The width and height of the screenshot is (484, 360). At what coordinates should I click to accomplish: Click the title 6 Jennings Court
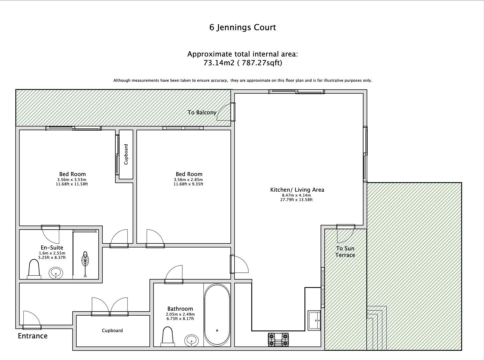coord(242,27)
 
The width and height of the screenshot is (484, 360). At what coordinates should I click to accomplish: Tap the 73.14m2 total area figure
coord(219,63)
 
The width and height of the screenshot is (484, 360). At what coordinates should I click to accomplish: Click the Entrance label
coord(33,336)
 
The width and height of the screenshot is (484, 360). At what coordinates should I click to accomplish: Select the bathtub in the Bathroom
coord(217,315)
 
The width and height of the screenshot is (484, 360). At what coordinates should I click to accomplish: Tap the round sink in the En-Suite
coord(56,273)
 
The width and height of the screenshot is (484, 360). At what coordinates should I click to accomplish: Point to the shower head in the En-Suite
coord(85,259)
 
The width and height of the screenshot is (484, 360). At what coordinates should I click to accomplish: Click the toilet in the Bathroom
coord(168,337)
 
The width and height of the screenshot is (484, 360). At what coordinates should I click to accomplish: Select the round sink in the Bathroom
coord(191,340)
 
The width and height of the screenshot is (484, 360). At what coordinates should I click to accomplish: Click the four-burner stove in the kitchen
coord(278,339)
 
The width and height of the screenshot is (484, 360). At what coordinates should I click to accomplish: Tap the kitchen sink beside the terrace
coord(314,320)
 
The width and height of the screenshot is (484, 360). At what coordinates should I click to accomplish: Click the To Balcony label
coord(202,112)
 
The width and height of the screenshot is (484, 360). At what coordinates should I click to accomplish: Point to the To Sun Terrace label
coord(345,252)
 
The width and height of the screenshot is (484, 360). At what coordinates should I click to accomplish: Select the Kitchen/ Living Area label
coord(297,190)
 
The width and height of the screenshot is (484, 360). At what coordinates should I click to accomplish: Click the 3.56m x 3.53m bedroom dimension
coord(72,180)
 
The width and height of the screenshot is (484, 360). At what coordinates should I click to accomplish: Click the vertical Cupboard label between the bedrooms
coord(126,154)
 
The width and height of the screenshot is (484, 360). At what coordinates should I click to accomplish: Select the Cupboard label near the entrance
coord(112,330)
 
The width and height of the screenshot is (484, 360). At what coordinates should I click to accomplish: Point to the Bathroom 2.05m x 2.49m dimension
coord(180,314)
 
